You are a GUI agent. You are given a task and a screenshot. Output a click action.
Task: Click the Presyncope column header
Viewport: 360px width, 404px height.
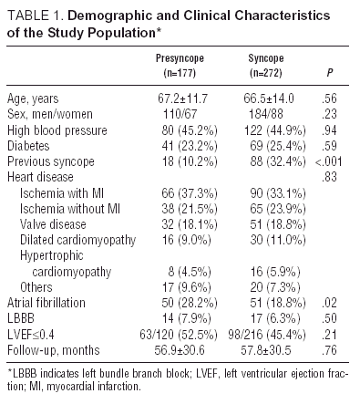coord(178,57)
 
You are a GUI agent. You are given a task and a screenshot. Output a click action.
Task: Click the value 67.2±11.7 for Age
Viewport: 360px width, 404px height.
coord(179,97)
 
